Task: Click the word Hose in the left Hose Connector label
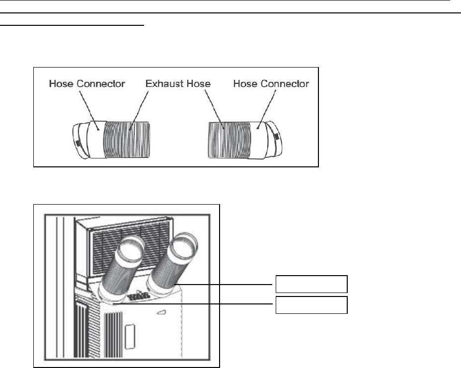63,84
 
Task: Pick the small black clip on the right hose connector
276,136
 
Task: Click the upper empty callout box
311,285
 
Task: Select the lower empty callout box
311,304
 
